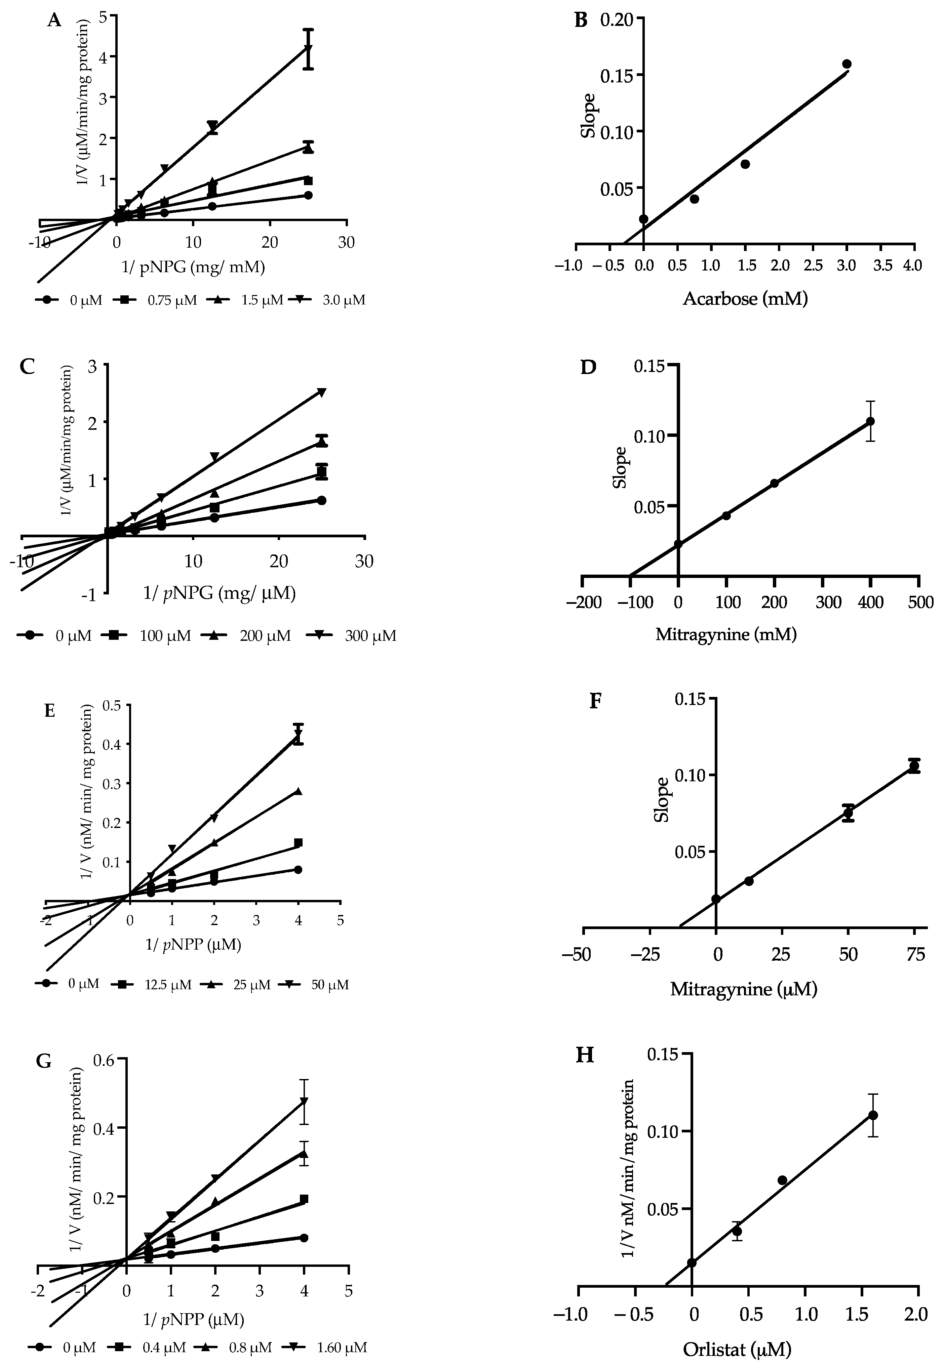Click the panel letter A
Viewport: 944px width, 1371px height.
coord(54,21)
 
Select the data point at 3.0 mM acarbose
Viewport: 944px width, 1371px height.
coord(847,64)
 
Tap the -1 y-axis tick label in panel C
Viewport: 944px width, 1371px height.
coord(90,596)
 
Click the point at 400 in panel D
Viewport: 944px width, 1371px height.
coord(870,421)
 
